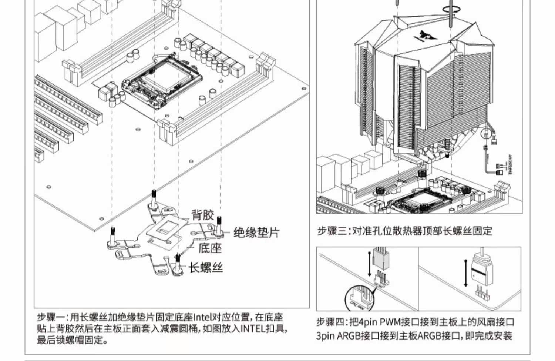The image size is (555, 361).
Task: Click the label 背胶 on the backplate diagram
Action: pos(202,215)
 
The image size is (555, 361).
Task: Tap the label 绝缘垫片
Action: pos(256,233)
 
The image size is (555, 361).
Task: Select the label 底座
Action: pos(210,248)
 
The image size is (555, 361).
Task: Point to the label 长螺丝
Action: pos(206,267)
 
